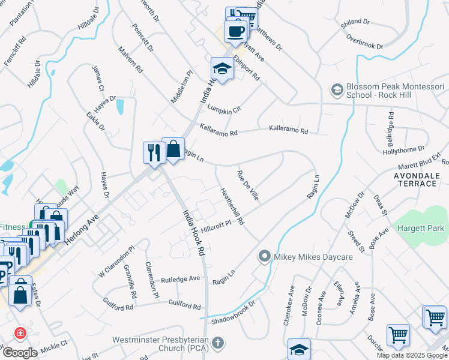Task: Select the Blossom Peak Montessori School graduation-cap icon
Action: pyautogui.click(x=337, y=90)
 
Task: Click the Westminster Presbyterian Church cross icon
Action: pyautogui.click(x=218, y=344)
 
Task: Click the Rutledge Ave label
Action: pyautogui.click(x=180, y=279)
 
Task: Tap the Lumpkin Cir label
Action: pyautogui.click(x=224, y=110)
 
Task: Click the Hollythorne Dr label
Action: pyautogui.click(x=403, y=149)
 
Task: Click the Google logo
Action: pyautogui.click(x=20, y=353)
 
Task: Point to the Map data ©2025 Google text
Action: pyautogui.click(x=412, y=355)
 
